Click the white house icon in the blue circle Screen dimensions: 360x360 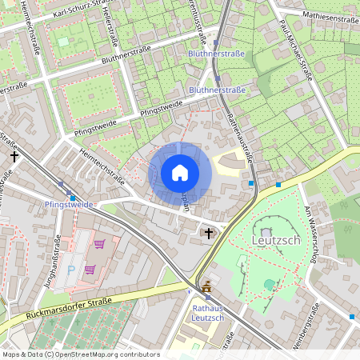[x=179, y=173]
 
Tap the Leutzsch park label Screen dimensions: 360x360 [x=276, y=240]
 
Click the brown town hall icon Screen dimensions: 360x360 [x=207, y=286]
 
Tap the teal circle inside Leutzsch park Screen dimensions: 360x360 [x=270, y=283]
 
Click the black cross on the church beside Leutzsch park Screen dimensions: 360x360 [x=210, y=233]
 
